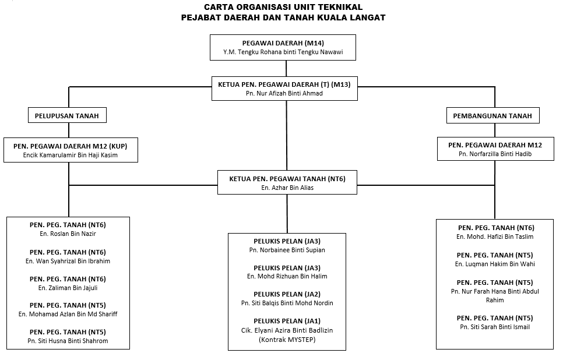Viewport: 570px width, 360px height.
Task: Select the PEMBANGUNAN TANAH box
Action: pyautogui.click(x=492, y=115)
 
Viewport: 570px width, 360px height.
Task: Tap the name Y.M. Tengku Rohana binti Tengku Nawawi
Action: pyautogui.click(x=283, y=52)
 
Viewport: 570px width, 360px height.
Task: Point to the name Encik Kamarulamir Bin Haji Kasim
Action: pyautogui.click(x=71, y=155)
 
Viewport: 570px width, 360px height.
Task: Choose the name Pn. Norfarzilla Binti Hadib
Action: pyautogui.click(x=495, y=154)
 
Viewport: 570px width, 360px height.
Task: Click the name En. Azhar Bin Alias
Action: pyautogui.click(x=287, y=188)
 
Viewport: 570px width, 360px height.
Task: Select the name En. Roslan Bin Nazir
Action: pyautogui.click(x=68, y=234)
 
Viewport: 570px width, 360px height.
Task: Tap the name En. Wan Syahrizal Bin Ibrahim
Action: pyautogui.click(x=68, y=261)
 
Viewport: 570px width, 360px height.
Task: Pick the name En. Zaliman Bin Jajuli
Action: pyautogui.click(x=68, y=288)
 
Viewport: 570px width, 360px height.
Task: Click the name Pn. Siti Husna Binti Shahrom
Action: pyautogui.click(x=68, y=341)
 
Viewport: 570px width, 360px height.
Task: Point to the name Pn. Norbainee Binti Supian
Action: pyautogui.click(x=287, y=250)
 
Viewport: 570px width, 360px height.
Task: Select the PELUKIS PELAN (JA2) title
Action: pyautogui.click(x=287, y=294)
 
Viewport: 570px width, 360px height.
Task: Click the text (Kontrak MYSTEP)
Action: pyautogui.click(x=287, y=340)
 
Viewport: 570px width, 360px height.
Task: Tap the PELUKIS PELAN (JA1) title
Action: pyautogui.click(x=287, y=321)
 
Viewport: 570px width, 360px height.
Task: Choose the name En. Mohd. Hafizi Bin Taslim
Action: pyautogui.click(x=495, y=237)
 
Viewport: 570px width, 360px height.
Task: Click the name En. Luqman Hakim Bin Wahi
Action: pyautogui.click(x=495, y=264)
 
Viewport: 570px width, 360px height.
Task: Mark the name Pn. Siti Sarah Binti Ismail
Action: pyautogui.click(x=495, y=327)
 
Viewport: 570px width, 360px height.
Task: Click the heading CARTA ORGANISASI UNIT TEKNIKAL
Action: pyautogui.click(x=283, y=7)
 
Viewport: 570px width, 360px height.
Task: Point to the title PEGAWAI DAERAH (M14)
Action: pyautogui.click(x=283, y=43)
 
